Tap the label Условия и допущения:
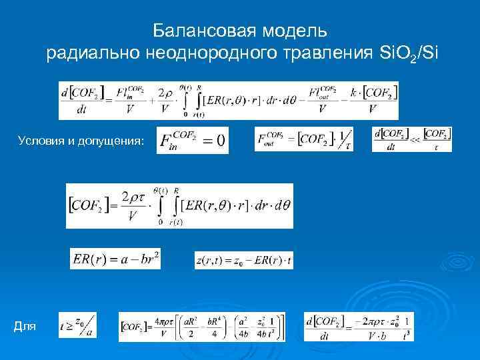click(81, 140)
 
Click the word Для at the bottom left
click(25, 326)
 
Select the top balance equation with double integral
click(229, 100)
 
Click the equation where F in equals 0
click(193, 140)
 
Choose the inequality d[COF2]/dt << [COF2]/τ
click(411, 139)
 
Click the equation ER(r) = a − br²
click(115, 259)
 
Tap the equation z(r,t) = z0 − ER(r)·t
click(243, 260)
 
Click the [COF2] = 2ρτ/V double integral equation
click(179, 205)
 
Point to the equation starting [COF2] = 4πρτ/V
click(201, 327)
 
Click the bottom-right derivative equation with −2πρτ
click(358, 327)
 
